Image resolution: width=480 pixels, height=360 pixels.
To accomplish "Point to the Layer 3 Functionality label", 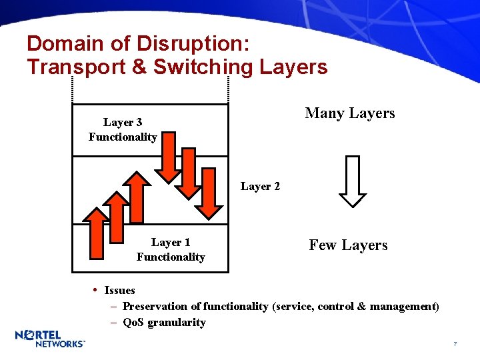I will pos(123,129).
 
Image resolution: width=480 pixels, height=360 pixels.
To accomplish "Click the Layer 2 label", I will pos(260,187).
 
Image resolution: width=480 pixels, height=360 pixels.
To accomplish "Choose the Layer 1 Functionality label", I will pos(171,250).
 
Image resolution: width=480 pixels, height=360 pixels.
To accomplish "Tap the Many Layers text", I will pos(349,113).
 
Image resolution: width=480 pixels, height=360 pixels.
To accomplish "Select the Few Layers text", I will pos(348,245).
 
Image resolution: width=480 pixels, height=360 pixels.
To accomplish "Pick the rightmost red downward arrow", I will pos(209,193).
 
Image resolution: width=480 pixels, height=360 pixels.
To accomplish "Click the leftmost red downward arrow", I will pos(169,157).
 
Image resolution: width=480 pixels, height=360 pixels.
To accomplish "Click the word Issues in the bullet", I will pos(119,291).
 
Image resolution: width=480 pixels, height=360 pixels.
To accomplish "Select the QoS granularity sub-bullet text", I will pos(164,323).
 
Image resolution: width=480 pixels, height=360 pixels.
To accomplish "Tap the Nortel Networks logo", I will pos(49,339).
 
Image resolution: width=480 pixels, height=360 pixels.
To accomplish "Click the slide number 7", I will pos(455,344).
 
